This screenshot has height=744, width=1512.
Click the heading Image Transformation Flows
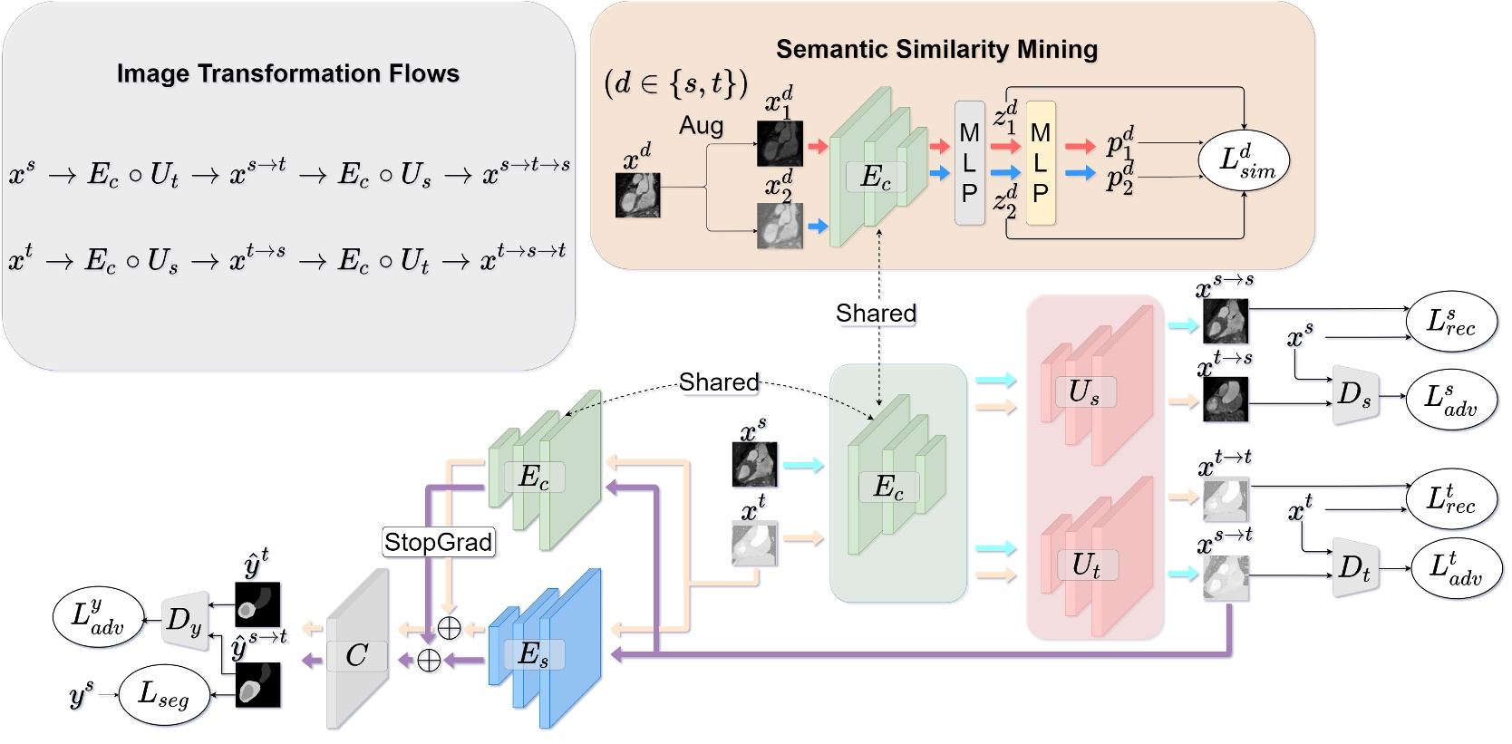pos(287,73)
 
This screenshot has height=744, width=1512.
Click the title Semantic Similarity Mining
pos(936,49)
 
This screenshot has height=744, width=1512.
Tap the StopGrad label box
pos(439,542)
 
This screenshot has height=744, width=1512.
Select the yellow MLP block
pos(1041,163)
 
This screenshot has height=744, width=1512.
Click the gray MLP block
pos(969,163)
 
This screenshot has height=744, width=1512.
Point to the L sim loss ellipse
pos(1244,160)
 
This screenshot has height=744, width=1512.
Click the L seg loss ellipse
pos(163,695)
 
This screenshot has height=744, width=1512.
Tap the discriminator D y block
pos(184,621)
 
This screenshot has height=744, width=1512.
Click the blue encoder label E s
pos(533,653)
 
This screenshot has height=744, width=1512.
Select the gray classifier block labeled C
pos(356,654)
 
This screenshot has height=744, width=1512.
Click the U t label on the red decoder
pos(1086,565)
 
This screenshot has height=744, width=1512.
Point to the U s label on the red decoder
pos(1084,391)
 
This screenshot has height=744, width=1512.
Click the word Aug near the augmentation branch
pos(701,125)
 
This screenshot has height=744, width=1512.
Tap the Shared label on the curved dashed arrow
pos(719,382)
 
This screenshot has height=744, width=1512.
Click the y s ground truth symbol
pos(81,695)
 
